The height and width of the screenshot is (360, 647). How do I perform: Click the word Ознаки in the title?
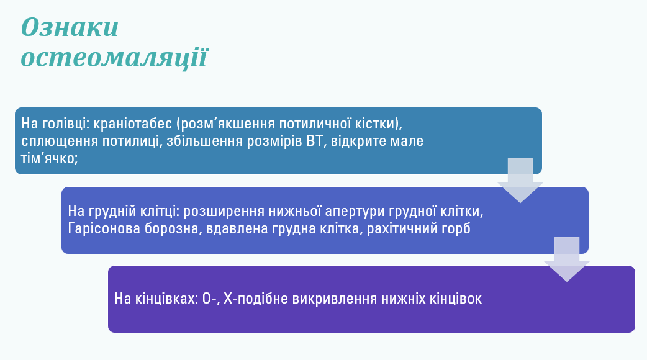coord(70,28)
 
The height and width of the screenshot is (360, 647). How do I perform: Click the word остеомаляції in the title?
coord(114,57)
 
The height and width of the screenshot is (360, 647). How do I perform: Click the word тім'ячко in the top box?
coord(50,158)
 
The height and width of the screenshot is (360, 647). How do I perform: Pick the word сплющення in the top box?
coord(55,140)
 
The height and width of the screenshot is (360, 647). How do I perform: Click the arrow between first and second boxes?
coord(520,181)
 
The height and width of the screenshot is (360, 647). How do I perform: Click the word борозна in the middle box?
coord(168,228)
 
